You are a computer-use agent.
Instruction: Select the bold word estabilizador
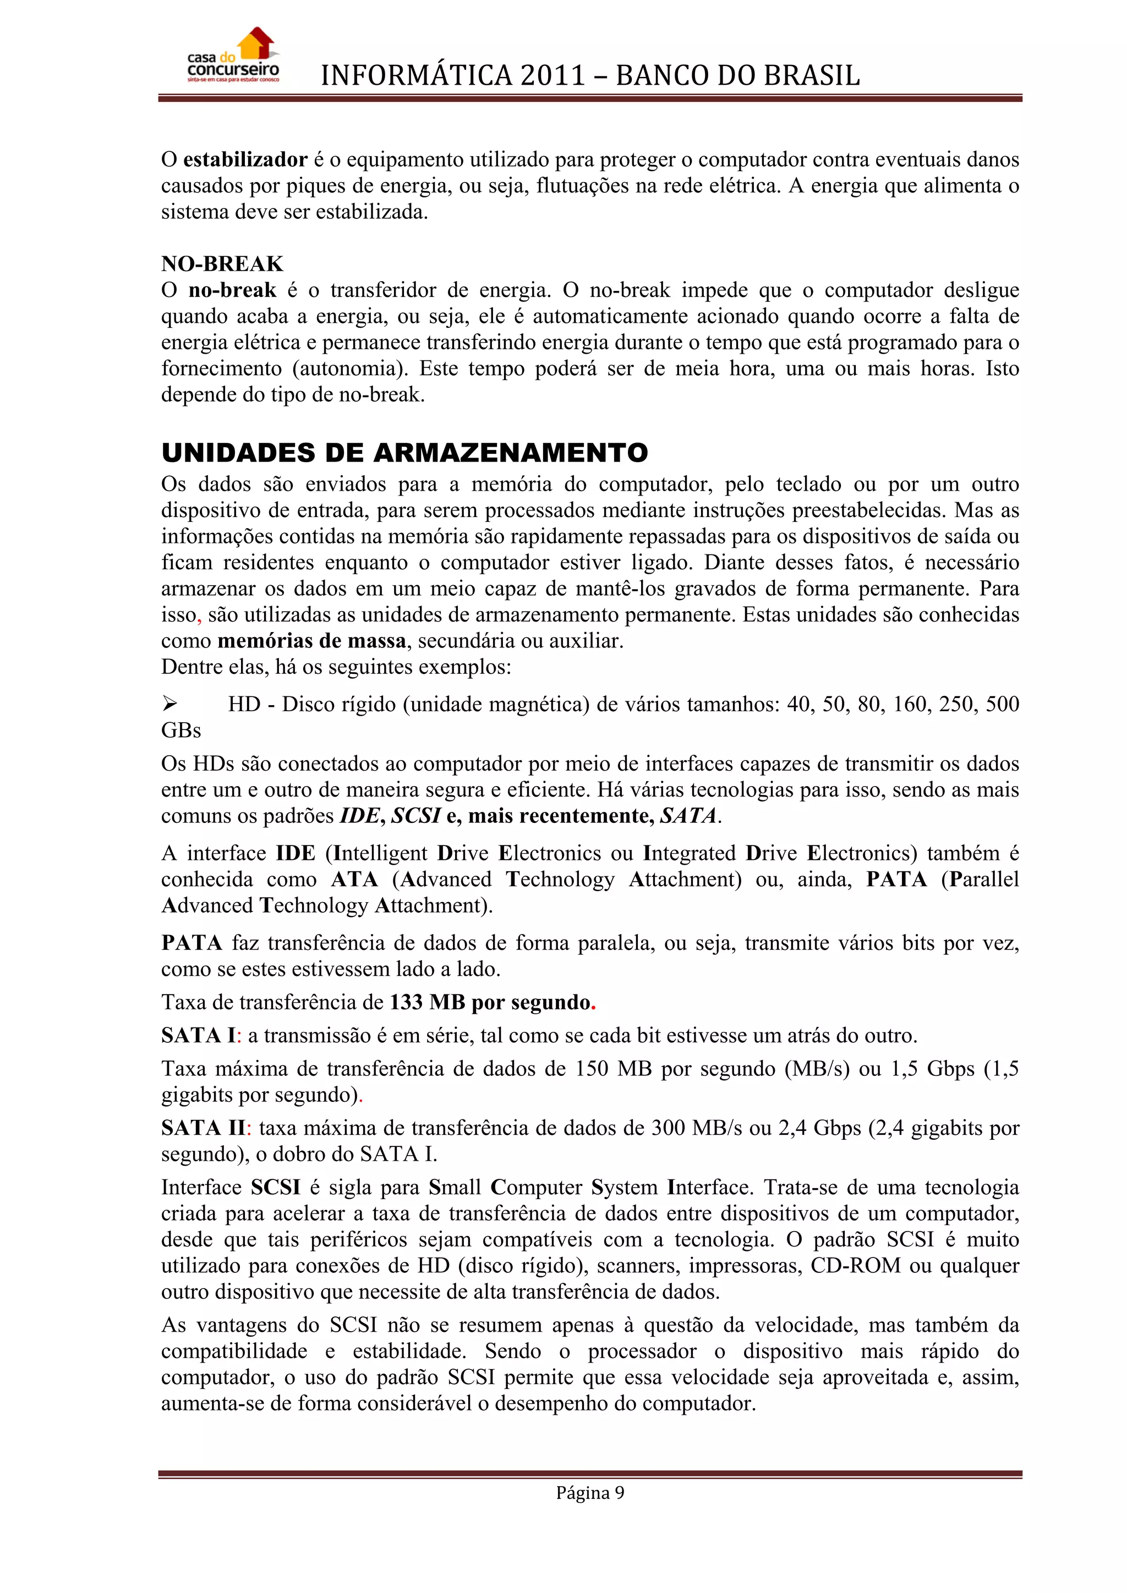click(245, 160)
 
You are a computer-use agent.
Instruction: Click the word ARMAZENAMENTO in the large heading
click(510, 453)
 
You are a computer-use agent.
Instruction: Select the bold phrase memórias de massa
click(311, 640)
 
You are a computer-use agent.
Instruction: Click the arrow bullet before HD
click(169, 704)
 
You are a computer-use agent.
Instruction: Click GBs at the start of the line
click(181, 730)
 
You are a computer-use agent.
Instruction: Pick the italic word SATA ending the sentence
click(688, 816)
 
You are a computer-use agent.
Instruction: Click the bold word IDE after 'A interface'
click(295, 853)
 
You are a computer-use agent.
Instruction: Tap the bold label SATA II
click(203, 1128)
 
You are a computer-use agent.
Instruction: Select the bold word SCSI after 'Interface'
click(276, 1187)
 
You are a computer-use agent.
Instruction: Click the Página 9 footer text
click(590, 1492)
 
